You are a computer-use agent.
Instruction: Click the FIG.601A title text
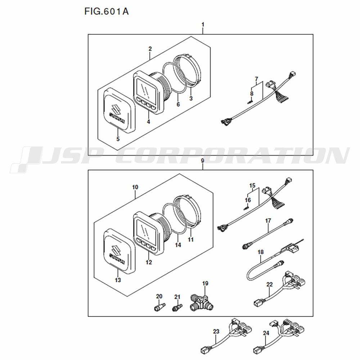point(107,12)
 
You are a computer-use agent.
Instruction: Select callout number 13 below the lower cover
point(118,280)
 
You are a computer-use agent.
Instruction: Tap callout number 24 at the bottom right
point(266,333)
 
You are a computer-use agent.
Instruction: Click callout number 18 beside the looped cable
point(261,253)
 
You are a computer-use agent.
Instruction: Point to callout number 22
point(270,285)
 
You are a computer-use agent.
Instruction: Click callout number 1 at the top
point(203,24)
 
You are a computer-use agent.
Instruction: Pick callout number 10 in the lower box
point(135,187)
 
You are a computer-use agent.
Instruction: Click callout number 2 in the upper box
point(150,49)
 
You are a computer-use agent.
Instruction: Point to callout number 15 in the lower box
point(252,186)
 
